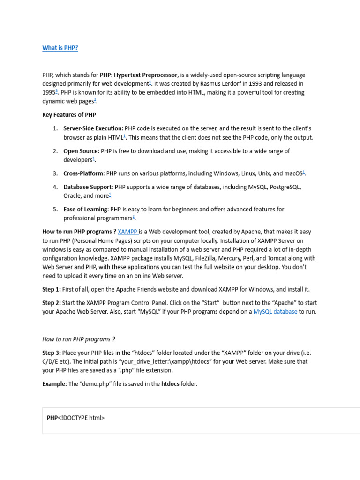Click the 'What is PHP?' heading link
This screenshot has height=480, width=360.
(60, 48)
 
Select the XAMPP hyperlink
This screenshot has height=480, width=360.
(127, 232)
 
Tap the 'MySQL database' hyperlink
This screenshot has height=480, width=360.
(275, 312)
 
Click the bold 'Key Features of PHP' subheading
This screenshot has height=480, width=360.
(69, 115)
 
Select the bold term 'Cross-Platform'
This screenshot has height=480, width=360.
(83, 173)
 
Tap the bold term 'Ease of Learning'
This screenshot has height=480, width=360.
(85, 210)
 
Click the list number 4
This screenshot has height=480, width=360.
(55, 187)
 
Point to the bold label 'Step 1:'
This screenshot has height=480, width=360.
(52, 289)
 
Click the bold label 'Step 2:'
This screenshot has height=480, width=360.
(52, 303)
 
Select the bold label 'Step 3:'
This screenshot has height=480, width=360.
(52, 352)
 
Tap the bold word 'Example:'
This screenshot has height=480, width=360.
(55, 384)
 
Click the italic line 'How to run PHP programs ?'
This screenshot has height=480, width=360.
(79, 339)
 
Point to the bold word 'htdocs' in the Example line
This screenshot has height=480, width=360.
(171, 384)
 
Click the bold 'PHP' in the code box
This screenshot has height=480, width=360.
(52, 418)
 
